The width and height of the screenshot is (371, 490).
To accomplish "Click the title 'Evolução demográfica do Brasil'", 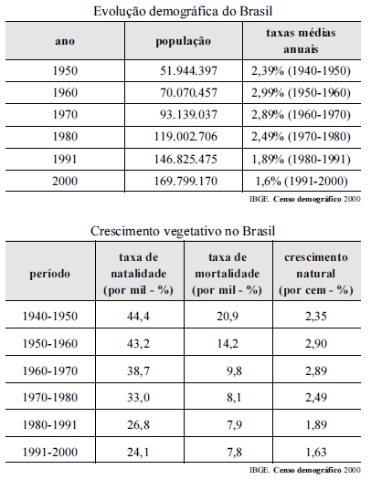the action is click(183, 12).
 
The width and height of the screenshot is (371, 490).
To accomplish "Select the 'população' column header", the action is click(184, 41).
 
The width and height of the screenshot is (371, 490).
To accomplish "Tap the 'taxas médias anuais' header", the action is click(301, 41).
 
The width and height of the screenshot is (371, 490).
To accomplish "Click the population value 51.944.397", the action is click(188, 71).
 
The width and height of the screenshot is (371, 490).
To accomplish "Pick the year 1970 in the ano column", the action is click(65, 115).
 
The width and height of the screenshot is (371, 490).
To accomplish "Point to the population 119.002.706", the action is click(185, 137).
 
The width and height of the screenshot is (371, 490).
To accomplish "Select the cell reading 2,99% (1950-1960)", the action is click(301, 93).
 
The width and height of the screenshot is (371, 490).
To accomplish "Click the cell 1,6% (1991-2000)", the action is click(302, 182).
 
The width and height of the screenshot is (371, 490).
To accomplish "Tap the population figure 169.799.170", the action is click(185, 182).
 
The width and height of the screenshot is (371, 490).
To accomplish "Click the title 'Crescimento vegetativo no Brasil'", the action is click(183, 231).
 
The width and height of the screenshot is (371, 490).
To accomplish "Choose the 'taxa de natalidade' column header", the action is click(138, 274).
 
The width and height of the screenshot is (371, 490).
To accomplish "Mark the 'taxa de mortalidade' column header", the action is click(228, 274).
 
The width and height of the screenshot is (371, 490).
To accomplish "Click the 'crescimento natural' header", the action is click(316, 274).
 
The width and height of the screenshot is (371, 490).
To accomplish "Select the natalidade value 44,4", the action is click(138, 317).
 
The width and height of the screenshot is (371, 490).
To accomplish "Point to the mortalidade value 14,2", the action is click(228, 344).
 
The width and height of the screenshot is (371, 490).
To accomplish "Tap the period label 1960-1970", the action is click(49, 371).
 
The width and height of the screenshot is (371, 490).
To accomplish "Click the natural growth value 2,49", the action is click(316, 398).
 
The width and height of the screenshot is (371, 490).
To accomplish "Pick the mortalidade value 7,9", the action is click(234, 425).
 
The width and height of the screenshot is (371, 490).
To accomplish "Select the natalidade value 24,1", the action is click(138, 453).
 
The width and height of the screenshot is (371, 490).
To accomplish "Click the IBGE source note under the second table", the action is click(305, 470).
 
